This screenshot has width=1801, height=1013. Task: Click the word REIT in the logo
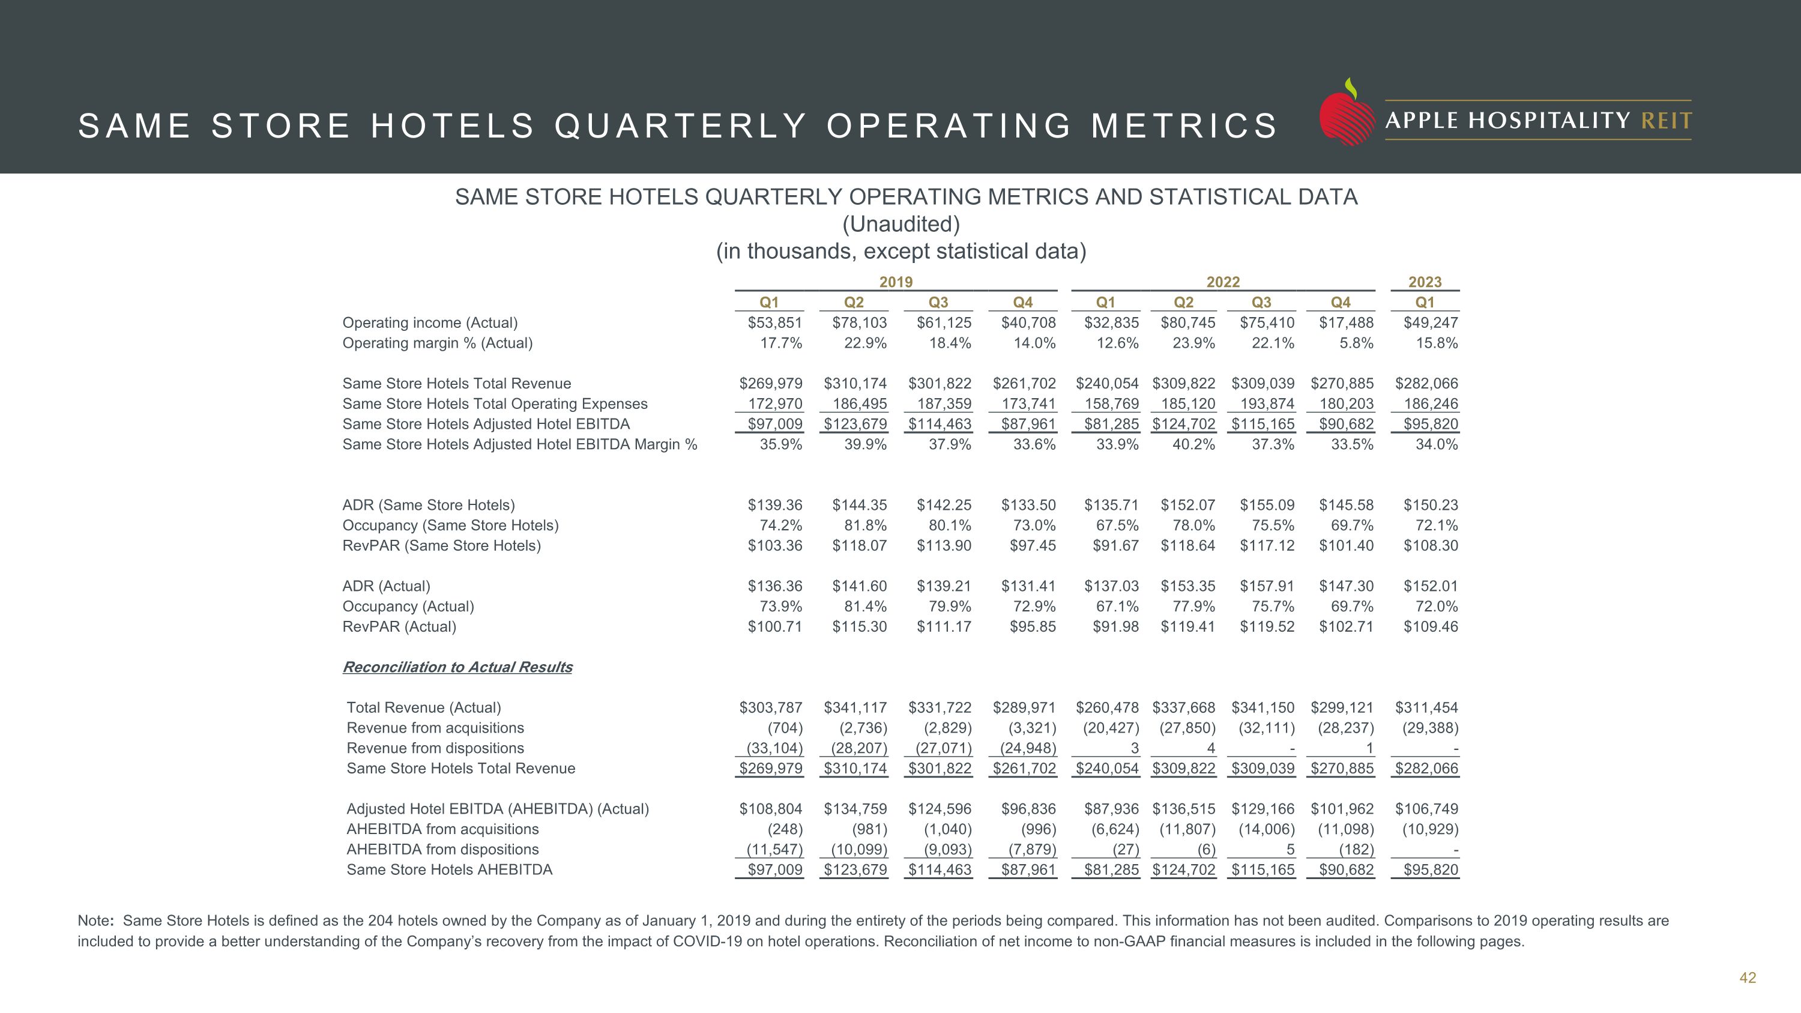tap(1666, 121)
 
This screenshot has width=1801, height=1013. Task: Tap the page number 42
tap(1747, 978)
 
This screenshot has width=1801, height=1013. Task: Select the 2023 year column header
tap(1424, 282)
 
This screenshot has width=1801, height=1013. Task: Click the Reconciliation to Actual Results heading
tap(457, 667)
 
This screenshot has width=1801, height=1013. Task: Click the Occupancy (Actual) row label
tap(408, 606)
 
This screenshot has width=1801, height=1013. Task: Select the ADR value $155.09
tap(1267, 505)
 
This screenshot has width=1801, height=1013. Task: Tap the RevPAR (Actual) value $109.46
tap(1431, 626)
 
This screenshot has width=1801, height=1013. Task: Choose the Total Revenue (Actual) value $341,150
tap(1263, 707)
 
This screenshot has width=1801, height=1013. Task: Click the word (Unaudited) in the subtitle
tap(901, 225)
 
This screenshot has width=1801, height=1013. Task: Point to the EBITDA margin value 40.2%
tap(1193, 444)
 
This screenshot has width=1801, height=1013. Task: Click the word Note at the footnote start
tap(95, 921)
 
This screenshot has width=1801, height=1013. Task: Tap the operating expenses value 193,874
tap(1267, 404)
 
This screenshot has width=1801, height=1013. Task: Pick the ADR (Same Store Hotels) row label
tap(428, 505)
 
